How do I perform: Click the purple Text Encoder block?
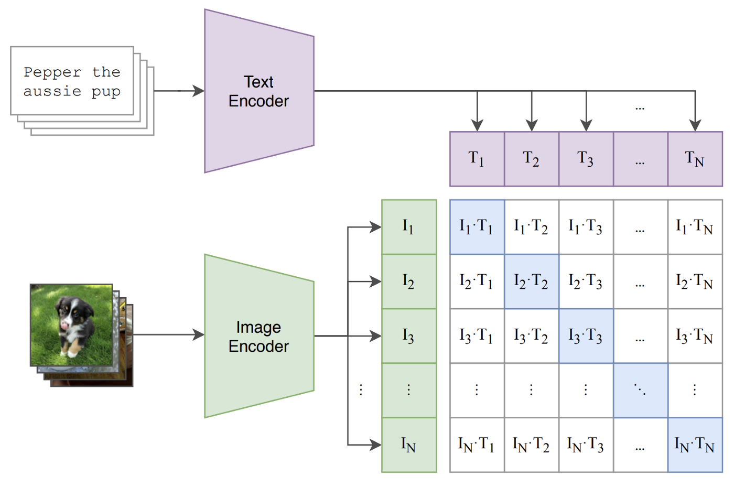(x=259, y=91)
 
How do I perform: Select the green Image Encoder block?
(x=259, y=336)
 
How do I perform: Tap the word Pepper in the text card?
(x=52, y=73)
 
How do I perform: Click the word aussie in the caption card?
(x=52, y=91)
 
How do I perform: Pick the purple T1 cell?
(x=477, y=159)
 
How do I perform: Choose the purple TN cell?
(x=695, y=159)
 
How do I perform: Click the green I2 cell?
(x=409, y=282)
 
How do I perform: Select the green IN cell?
(x=409, y=445)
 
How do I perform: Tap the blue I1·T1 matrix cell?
(x=477, y=227)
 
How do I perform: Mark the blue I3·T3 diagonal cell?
(x=586, y=336)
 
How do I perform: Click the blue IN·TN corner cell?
(x=695, y=445)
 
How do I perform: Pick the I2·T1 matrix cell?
(x=477, y=282)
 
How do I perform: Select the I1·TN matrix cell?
(x=695, y=227)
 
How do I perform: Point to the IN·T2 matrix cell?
(x=532, y=445)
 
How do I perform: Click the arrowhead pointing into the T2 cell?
(x=532, y=125)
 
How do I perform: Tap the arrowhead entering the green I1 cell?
(x=375, y=227)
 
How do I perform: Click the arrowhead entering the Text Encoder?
(x=198, y=91)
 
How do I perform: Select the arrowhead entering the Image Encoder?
(x=198, y=334)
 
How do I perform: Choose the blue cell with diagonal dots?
(x=641, y=391)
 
